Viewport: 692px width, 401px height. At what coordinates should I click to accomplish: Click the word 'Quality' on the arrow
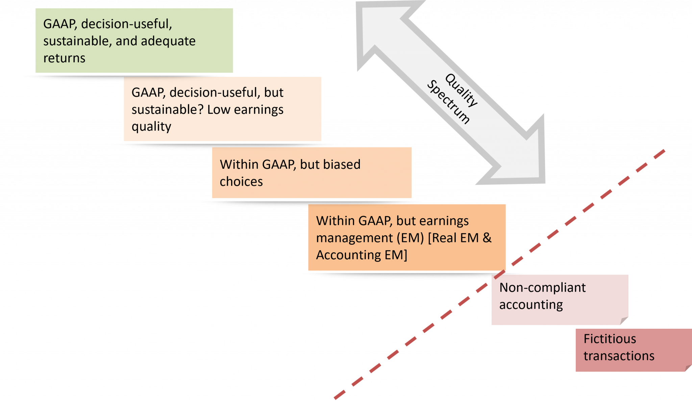click(462, 90)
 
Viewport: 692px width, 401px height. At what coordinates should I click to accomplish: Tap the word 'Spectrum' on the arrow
click(448, 102)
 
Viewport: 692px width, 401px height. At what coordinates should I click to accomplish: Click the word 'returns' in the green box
click(64, 58)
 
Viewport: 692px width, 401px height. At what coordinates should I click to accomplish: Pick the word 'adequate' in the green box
click(168, 41)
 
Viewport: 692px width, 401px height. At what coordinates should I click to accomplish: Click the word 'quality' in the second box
click(151, 127)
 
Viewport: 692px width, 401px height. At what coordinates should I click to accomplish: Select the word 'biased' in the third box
click(342, 164)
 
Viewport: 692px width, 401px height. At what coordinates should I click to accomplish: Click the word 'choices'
click(241, 182)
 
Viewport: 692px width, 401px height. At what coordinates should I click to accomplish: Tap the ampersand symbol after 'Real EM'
click(487, 238)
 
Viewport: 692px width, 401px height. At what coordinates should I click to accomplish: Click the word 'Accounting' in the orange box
click(348, 255)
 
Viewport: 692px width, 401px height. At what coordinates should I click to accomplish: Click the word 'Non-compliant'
click(542, 288)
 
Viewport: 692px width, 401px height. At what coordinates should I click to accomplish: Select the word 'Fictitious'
click(610, 339)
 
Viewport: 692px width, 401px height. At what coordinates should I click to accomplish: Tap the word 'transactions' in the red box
click(619, 356)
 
